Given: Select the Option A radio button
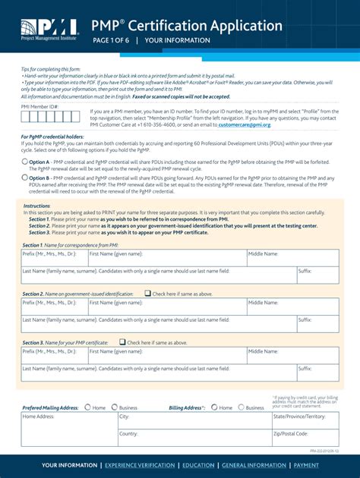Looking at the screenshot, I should (24, 162).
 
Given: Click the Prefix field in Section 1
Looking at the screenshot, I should (54, 261).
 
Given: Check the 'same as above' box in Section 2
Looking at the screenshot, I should (147, 293).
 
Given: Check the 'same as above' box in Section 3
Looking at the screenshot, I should (122, 342).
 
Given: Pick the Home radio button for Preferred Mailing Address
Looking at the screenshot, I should (88, 407).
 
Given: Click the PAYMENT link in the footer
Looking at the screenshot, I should (306, 465).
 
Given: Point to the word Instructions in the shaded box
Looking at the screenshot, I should (36, 206).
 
